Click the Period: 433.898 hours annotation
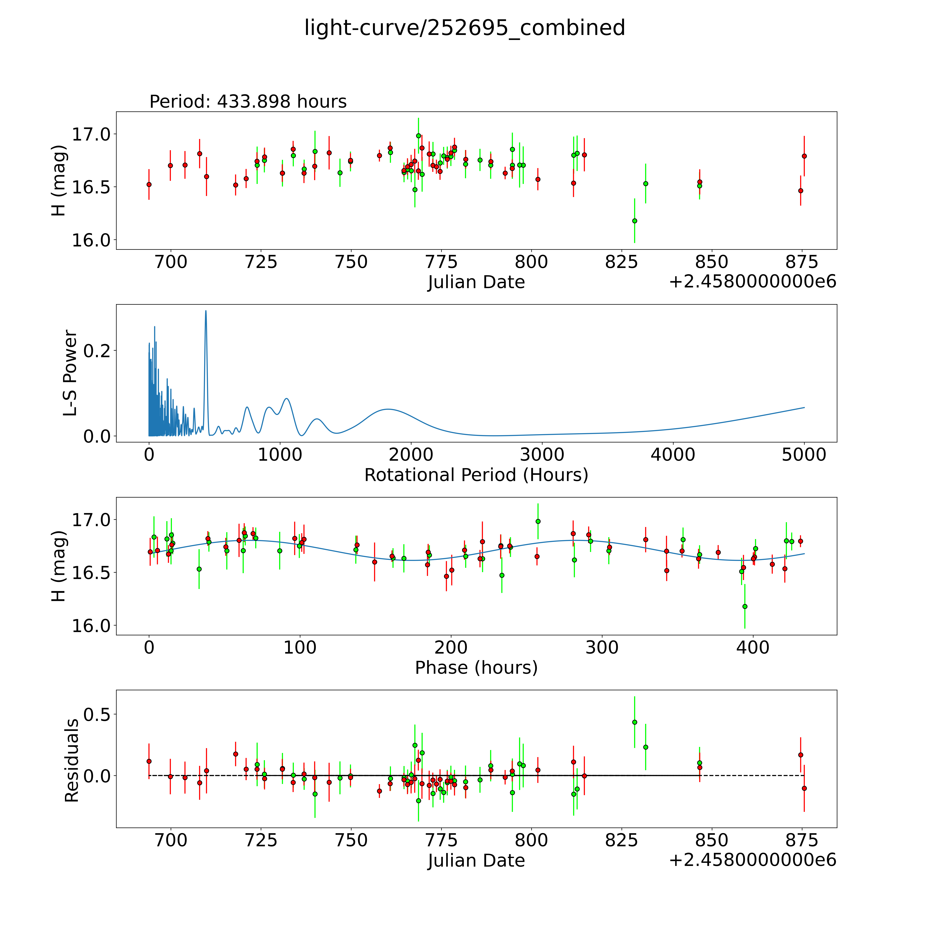[x=248, y=102]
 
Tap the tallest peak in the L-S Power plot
[x=206, y=311]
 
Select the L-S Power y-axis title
[x=70, y=373]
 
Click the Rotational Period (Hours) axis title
[x=476, y=475]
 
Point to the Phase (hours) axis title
[x=476, y=668]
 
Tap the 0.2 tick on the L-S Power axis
[x=96, y=350]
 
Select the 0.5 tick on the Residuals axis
[x=96, y=714]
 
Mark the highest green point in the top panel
[x=418, y=136]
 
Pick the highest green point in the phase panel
[x=538, y=521]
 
